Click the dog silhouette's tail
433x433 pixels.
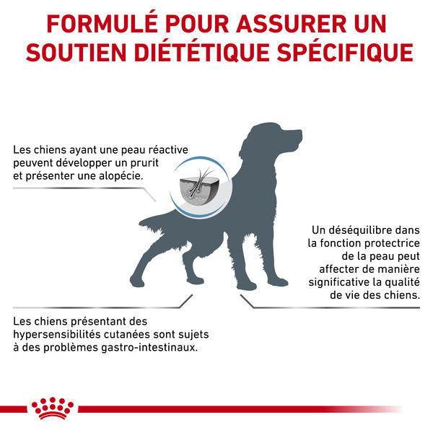pyautogui.click(x=154, y=219)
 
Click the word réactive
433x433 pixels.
pyautogui.click(x=166, y=149)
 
